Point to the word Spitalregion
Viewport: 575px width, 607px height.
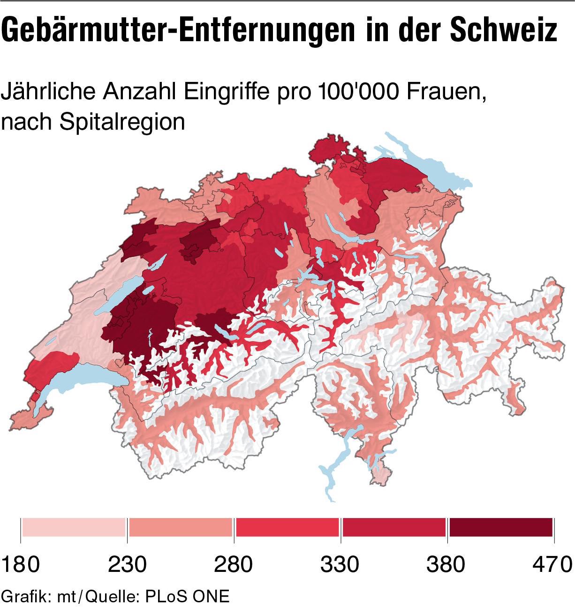click(x=122, y=122)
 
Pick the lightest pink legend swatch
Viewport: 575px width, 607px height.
click(x=74, y=527)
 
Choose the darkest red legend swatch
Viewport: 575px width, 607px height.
click(x=501, y=527)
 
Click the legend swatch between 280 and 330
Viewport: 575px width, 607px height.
click(x=287, y=527)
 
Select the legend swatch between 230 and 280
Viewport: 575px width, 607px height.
click(x=181, y=527)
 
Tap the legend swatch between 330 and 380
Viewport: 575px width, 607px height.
click(x=394, y=527)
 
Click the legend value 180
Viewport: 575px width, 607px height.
click(x=21, y=564)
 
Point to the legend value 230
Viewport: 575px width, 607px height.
click(x=127, y=564)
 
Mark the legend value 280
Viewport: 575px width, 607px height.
click(x=233, y=564)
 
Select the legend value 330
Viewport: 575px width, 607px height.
click(x=340, y=564)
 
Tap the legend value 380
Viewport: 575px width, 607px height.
click(x=446, y=564)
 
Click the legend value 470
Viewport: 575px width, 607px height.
click(x=552, y=564)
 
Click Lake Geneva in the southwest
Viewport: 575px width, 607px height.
click(x=84, y=377)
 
